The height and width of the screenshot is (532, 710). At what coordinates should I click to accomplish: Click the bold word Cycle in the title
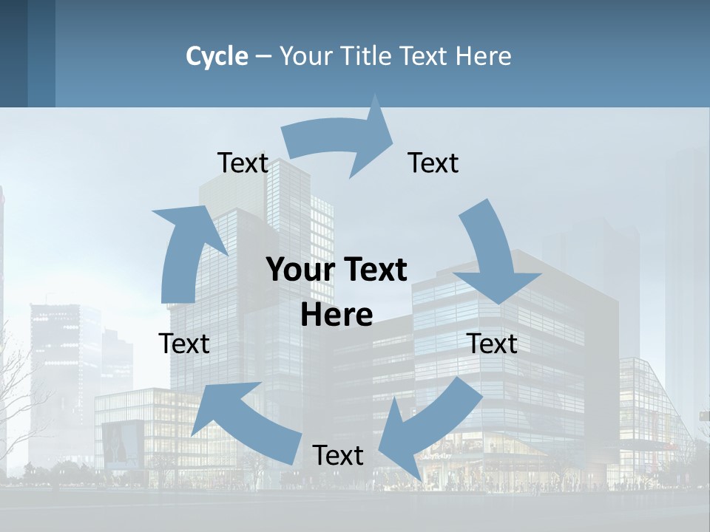(217, 56)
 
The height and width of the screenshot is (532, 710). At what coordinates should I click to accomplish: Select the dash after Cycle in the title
(263, 57)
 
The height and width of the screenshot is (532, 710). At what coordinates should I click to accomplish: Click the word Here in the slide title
(484, 56)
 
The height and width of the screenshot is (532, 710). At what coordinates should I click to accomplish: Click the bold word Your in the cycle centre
(296, 270)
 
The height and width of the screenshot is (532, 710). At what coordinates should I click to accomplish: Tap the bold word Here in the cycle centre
(337, 315)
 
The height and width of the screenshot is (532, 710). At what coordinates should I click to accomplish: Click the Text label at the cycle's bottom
(338, 455)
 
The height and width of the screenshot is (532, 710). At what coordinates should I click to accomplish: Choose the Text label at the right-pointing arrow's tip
(433, 163)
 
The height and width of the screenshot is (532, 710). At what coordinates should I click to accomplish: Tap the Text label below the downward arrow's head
(492, 344)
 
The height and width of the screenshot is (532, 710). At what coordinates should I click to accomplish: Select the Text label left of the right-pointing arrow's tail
(243, 163)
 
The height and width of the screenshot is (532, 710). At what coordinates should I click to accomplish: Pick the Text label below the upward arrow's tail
(184, 344)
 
